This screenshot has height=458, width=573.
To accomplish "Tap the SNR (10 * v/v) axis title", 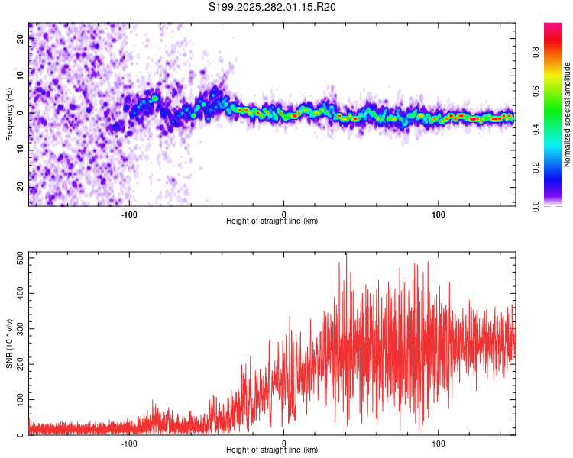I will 9,343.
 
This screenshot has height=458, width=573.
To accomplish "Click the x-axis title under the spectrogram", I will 272,221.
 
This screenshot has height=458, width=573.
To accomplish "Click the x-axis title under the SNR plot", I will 272,450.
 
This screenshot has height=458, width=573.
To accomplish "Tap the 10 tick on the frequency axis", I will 21,76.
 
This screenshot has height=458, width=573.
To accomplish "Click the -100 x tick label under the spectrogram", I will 129,213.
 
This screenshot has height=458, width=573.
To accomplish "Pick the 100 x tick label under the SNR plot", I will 439,443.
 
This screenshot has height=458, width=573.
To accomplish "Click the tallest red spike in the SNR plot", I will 346,254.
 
